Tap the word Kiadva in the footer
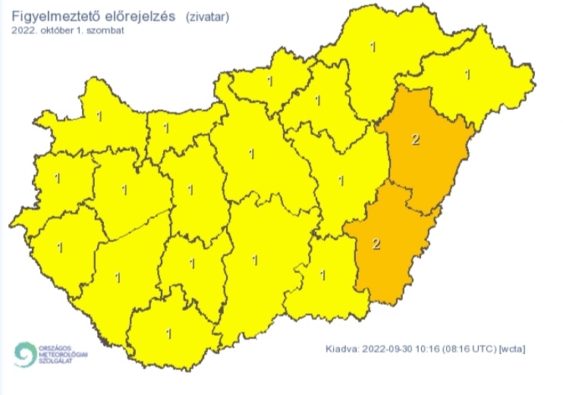pos(341,349)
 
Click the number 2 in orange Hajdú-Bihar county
pos(415,140)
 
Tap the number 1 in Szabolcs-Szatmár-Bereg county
pos(467,74)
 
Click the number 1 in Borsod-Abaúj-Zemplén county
pos(372,48)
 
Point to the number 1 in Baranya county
pos(168,332)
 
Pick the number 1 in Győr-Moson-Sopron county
pos(99,116)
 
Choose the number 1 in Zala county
pos(59,247)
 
